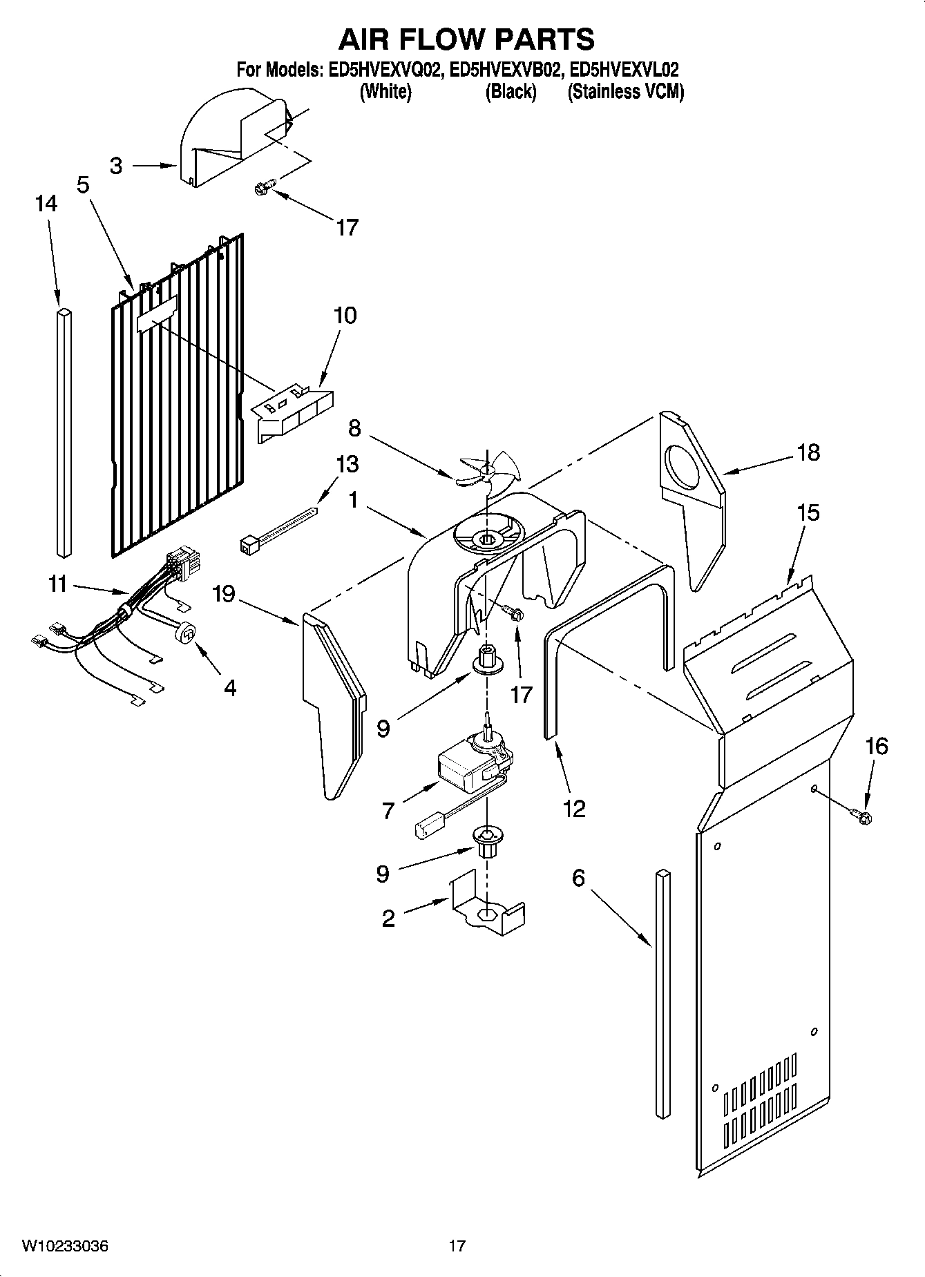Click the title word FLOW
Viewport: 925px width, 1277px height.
click(x=466, y=39)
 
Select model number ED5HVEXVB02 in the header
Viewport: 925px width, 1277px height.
click(x=504, y=70)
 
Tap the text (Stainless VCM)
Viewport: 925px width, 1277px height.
click(x=625, y=92)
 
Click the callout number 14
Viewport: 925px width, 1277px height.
click(x=46, y=203)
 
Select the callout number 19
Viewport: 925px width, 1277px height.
click(x=224, y=593)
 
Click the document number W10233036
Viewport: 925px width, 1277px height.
click(x=65, y=1246)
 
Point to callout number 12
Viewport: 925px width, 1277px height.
click(x=574, y=808)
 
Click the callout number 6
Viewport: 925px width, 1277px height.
click(x=578, y=878)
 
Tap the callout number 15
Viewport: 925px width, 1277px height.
click(x=808, y=512)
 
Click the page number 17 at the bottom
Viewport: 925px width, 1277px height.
click(x=457, y=1246)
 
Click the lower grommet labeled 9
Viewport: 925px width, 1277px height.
click(x=486, y=841)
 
